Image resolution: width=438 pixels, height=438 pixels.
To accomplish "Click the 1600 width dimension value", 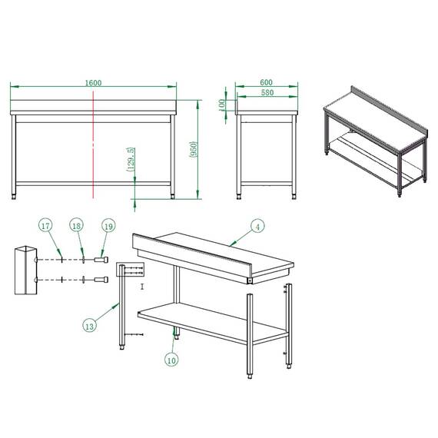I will [x=94, y=83].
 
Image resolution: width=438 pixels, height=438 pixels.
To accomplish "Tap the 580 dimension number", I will [x=266, y=93].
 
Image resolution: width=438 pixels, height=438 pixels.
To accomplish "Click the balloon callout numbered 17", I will [x=47, y=226].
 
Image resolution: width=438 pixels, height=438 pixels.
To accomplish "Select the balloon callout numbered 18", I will [x=77, y=226].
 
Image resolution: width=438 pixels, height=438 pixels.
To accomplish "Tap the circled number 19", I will [x=108, y=226].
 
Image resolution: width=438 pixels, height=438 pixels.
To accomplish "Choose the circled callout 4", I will [x=258, y=226].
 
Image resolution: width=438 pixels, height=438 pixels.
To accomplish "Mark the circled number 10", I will [x=171, y=358].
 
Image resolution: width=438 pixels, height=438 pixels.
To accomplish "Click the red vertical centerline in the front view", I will [x=94, y=142].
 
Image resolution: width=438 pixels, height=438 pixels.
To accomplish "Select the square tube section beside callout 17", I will [x=25, y=270].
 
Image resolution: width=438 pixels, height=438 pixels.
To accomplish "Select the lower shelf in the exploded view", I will [x=207, y=320].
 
